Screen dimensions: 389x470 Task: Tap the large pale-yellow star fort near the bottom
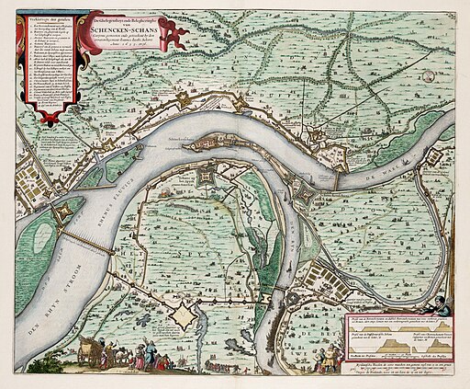(186, 317)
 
